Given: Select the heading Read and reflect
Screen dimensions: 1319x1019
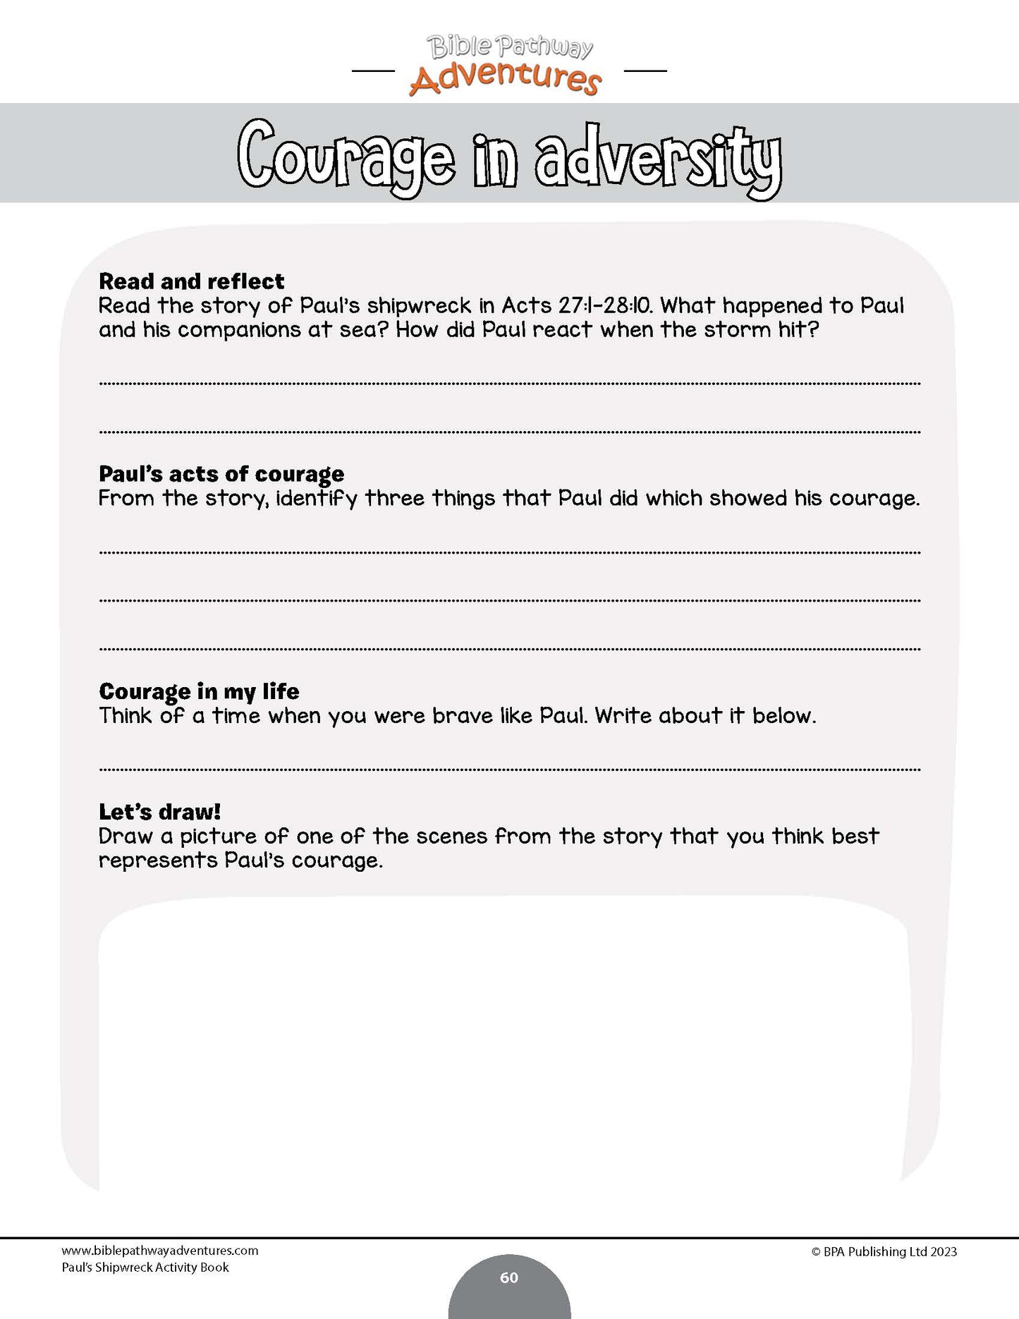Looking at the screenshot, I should point(191,281).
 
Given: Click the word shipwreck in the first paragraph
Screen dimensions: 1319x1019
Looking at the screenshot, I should point(419,306).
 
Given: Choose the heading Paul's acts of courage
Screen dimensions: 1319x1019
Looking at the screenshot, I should point(221,474).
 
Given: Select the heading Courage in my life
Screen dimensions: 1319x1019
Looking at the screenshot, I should point(199,691).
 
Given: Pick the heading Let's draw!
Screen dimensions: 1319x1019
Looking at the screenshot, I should point(159,812).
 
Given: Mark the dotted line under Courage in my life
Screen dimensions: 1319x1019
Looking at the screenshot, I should point(509,770).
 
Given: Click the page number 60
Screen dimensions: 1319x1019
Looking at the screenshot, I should point(509,1277).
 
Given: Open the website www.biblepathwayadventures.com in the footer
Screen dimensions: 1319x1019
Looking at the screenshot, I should point(159,1251).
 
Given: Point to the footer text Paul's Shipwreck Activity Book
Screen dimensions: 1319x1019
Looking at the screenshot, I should point(145,1268).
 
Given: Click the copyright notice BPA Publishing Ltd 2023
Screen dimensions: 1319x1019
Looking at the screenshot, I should point(884,1252).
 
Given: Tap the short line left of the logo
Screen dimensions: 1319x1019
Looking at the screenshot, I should point(372,71).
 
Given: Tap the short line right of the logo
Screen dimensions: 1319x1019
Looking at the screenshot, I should point(645,71).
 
